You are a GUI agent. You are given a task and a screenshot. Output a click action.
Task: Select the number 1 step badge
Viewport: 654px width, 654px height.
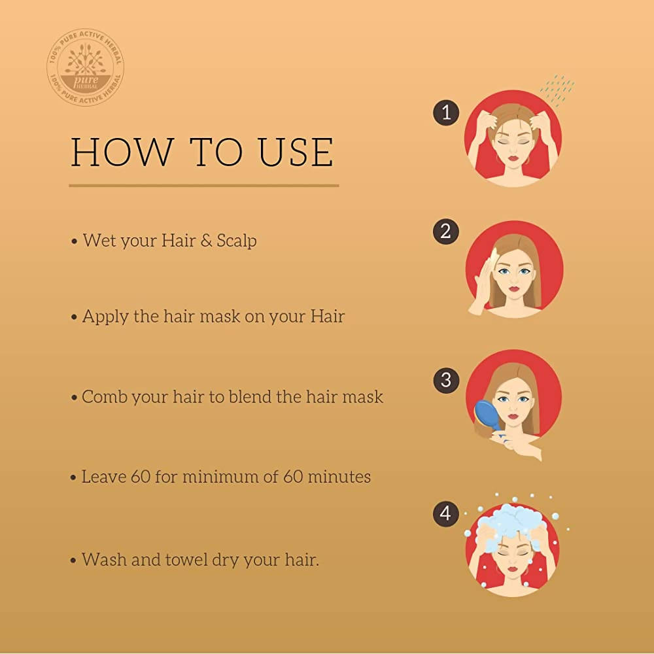coord(446,112)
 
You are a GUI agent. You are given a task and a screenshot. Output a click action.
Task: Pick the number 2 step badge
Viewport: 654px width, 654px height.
coord(446,232)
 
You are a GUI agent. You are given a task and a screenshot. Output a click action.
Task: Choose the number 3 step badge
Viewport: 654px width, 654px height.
coord(446,380)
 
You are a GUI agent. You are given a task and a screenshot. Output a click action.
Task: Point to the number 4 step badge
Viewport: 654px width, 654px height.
coord(446,514)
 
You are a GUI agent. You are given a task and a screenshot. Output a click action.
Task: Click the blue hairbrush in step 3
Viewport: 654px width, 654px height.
coord(486,416)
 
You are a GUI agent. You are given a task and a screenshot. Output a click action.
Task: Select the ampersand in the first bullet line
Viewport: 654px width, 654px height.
coord(207,241)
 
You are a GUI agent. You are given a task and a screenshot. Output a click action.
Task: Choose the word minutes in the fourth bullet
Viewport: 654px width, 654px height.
coord(337,477)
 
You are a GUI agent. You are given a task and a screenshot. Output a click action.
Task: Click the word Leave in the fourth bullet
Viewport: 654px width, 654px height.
coord(105,477)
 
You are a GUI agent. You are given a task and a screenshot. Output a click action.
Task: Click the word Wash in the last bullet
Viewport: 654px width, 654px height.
coord(104,560)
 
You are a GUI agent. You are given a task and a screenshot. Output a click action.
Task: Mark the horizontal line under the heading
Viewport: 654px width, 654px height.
coord(204,186)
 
